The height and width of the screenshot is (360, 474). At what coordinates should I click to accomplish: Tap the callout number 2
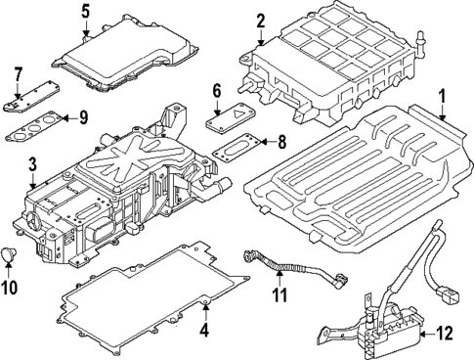coord(260,21)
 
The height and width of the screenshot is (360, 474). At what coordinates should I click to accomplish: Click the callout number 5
coord(85,13)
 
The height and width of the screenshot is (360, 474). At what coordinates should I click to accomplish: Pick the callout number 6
coord(216,91)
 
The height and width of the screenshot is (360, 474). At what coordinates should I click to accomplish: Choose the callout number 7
coord(17,73)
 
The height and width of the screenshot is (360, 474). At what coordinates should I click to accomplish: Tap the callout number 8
coord(281,142)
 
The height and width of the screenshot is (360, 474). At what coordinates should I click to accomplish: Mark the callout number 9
coord(83,119)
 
